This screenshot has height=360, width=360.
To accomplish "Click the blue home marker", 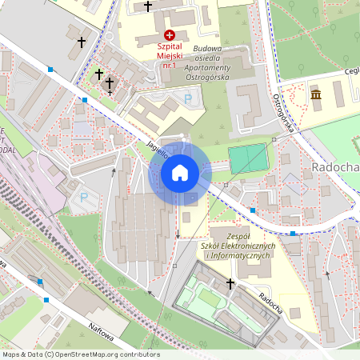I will [x=179, y=172].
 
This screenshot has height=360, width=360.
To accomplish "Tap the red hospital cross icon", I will [x=169, y=34].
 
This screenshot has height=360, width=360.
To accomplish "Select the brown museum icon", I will [x=316, y=96].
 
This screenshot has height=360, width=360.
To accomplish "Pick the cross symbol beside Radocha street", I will [x=231, y=283].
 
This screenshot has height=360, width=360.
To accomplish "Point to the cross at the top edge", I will [x=147, y=6].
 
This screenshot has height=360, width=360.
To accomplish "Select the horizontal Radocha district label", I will [x=333, y=170].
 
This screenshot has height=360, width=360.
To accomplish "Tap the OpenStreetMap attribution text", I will [x=80, y=354].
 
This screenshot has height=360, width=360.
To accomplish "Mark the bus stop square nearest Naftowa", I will [x=46, y=300].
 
